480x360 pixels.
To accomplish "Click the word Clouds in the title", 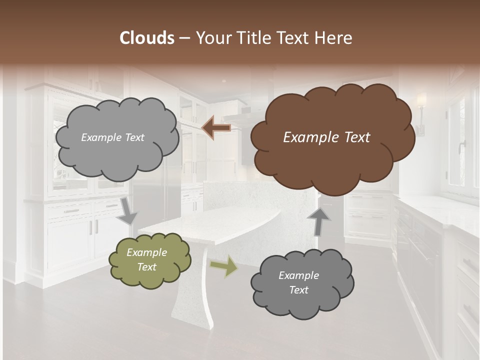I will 147,38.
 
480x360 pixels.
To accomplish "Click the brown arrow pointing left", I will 216,127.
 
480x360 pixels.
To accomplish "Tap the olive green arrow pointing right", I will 224,266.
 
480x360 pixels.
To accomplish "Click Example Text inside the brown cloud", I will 326,137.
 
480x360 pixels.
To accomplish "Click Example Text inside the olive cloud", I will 146,259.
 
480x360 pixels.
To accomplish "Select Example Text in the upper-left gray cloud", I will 112,137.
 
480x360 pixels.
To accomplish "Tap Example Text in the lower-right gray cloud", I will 298,282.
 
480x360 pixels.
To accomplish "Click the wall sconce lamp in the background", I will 421,112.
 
